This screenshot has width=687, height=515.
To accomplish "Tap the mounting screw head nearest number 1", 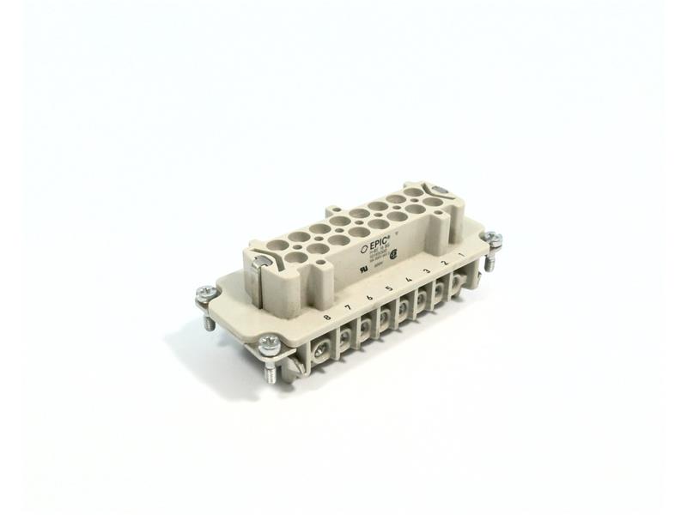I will pos(492,240).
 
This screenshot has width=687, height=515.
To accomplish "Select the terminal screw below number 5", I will pos(384,322).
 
